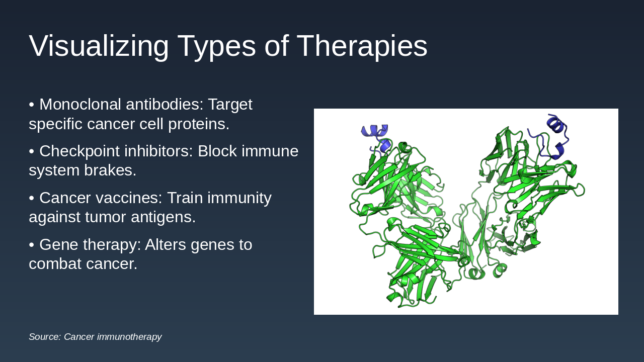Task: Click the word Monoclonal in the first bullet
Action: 80,104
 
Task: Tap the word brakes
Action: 110,170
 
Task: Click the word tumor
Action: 106,217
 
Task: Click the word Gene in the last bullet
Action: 59,245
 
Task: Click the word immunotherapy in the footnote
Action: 129,337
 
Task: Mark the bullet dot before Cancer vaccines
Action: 32,198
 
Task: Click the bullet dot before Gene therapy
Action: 32,245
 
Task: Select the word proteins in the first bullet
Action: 199,124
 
